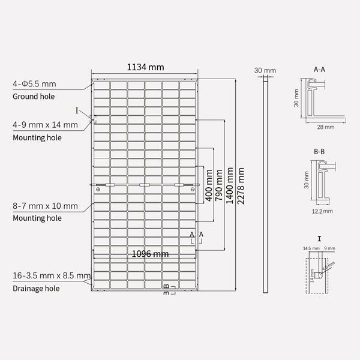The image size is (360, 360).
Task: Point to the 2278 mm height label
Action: [x=241, y=186]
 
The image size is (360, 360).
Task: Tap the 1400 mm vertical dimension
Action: [x=230, y=186]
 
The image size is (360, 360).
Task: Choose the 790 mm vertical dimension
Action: [x=219, y=186]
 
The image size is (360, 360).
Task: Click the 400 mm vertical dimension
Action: [x=209, y=186]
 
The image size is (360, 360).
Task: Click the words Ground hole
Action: [x=34, y=97]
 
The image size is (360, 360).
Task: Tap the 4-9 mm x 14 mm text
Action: [x=45, y=125]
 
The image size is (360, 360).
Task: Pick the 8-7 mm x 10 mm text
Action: [x=45, y=206]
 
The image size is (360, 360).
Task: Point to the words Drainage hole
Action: [x=36, y=289]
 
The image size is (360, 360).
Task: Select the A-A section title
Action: [x=320, y=70]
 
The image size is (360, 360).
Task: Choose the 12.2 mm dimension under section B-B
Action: [x=322, y=211]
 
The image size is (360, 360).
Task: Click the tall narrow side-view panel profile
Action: [x=266, y=186]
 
